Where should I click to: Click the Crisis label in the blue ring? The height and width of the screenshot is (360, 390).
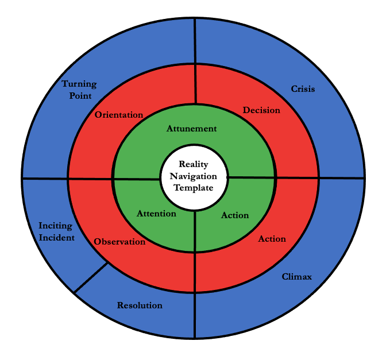pos(303,89)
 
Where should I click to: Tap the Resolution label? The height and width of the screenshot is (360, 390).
pos(140,305)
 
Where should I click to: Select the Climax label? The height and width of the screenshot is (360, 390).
pos(297,277)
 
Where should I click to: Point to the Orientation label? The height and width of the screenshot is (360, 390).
pos(119,115)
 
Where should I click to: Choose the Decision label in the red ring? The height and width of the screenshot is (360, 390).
pos(261,110)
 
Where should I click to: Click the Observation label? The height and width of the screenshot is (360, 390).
pos(119,242)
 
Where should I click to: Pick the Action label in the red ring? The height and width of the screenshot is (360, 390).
pos(272,238)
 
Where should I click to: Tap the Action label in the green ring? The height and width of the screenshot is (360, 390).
pos(235,215)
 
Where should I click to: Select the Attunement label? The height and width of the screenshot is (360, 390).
pos(192,129)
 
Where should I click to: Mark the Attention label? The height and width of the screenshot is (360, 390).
pos(156,214)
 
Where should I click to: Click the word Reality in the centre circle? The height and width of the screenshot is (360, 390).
pos(194,164)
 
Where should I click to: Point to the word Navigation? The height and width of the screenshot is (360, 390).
pos(194,176)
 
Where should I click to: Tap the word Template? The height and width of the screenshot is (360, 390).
pos(194,188)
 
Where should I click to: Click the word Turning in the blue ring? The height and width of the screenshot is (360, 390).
pos(79,84)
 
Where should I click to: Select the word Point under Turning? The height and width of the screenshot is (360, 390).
pos(80,95)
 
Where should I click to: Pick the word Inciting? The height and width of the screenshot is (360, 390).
pos(56,226)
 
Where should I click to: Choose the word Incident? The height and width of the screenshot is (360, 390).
pos(56,237)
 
